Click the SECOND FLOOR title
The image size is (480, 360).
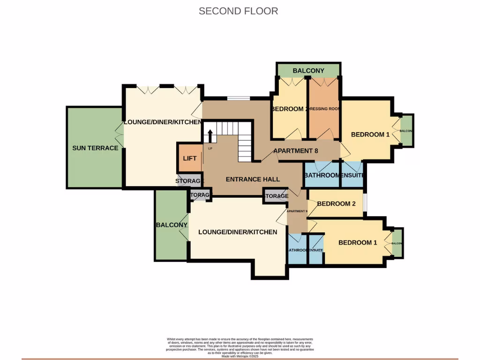coord(238,11)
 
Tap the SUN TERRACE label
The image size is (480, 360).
coord(95,148)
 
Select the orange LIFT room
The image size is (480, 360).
coord(189,158)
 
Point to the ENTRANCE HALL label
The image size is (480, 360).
coord(253,179)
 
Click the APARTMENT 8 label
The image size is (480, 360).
coord(296,151)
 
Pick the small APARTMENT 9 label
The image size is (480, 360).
coord(297,211)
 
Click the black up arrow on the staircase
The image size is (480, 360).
coord(210,136)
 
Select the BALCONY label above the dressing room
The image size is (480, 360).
coord(308,71)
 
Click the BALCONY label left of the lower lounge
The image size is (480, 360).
coord(172,225)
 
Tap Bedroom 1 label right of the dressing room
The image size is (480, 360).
coord(370,135)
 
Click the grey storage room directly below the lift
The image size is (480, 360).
coord(190,181)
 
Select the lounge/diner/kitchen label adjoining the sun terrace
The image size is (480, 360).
coord(162,122)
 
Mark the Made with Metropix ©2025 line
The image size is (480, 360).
coord(240,356)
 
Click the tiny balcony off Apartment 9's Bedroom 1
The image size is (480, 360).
coord(397,243)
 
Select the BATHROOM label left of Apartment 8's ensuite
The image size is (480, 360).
coord(322,175)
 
